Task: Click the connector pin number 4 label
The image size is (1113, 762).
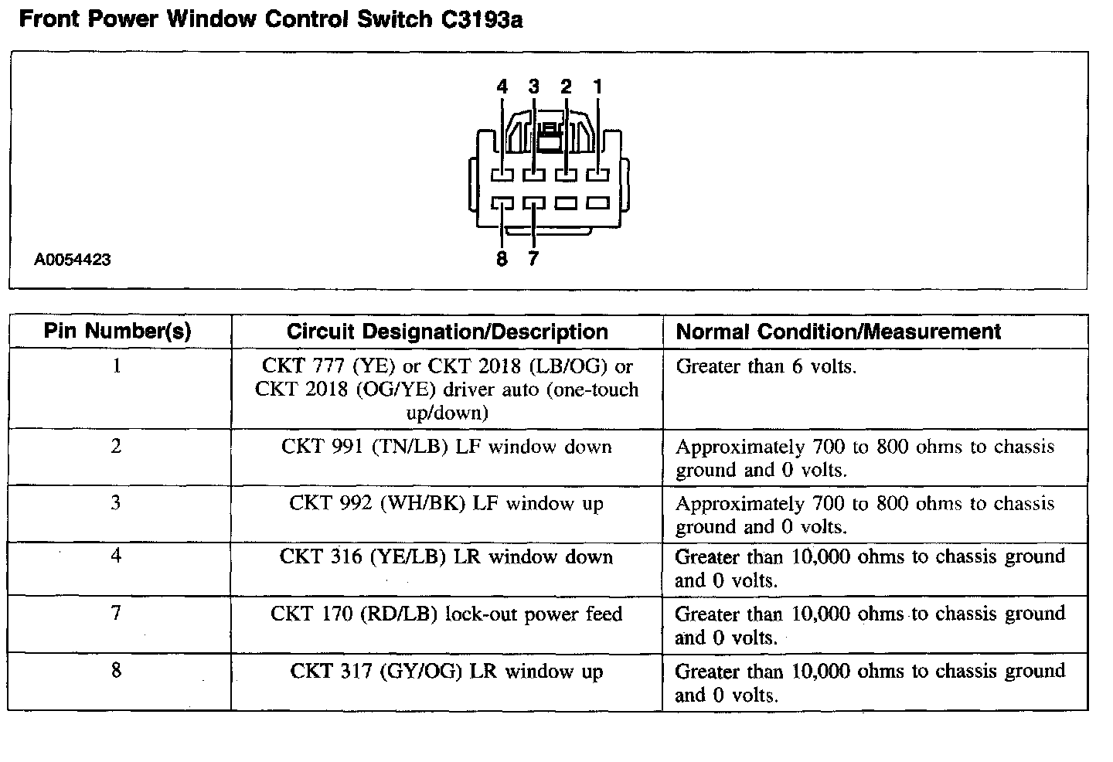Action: [x=502, y=87]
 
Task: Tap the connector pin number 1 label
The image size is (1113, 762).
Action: [x=597, y=87]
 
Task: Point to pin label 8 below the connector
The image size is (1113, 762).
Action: [x=502, y=259]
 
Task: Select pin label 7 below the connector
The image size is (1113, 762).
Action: [x=533, y=259]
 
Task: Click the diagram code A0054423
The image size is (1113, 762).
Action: [x=73, y=260]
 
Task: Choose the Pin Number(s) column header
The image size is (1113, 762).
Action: [x=117, y=332]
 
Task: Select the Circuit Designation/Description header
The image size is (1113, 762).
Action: [x=447, y=332]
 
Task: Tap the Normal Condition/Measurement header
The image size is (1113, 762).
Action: [x=838, y=332]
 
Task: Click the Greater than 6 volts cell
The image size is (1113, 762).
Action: [x=766, y=366]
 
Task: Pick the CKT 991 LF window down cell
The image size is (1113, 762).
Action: [x=447, y=447]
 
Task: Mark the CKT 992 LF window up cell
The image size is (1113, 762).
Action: [x=447, y=504]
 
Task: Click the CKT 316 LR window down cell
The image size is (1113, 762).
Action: [x=447, y=556]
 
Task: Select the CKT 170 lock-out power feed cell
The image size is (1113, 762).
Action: [x=447, y=614]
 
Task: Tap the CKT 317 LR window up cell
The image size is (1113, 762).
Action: [x=447, y=672]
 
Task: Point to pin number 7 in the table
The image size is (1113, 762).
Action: [x=116, y=614]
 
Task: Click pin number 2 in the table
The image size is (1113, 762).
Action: [x=116, y=447]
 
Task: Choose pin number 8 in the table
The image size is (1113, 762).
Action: [x=116, y=670]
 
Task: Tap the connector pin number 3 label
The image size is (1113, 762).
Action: [x=534, y=87]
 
